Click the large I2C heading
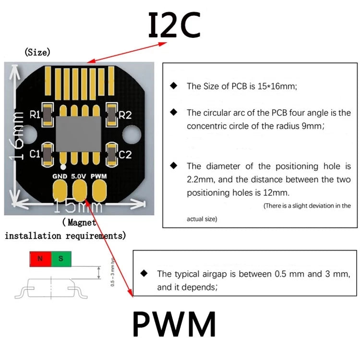pos(174,25)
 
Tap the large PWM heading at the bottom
pos(174,325)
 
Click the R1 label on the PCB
pos(35,115)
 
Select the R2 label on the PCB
pos(125,115)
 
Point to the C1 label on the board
pos(35,155)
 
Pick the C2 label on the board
pos(125,155)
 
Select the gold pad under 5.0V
pos(79,189)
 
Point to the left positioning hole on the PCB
pos(27,132)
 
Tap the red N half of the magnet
pos(40,259)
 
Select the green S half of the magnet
pos(60,259)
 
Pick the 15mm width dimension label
pos(77,207)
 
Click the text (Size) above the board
pos(37,52)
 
